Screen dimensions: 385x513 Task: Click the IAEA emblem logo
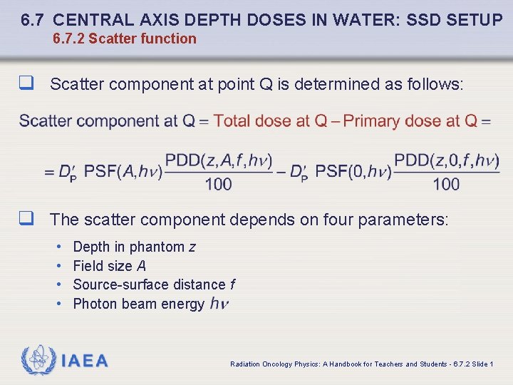tap(36, 360)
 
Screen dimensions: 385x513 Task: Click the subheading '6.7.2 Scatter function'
tap(125, 38)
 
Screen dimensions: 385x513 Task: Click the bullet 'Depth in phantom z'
tap(134, 247)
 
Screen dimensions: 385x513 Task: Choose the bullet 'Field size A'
tap(110, 266)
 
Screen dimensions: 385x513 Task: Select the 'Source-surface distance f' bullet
tap(154, 284)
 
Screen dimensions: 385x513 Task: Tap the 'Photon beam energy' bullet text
tap(139, 304)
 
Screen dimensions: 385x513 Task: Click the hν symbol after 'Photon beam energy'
tap(219, 304)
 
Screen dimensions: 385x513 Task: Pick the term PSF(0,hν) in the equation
tap(353, 172)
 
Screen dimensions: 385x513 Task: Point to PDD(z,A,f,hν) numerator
tap(219, 161)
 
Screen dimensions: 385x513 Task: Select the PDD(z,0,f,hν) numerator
tap(447, 161)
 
